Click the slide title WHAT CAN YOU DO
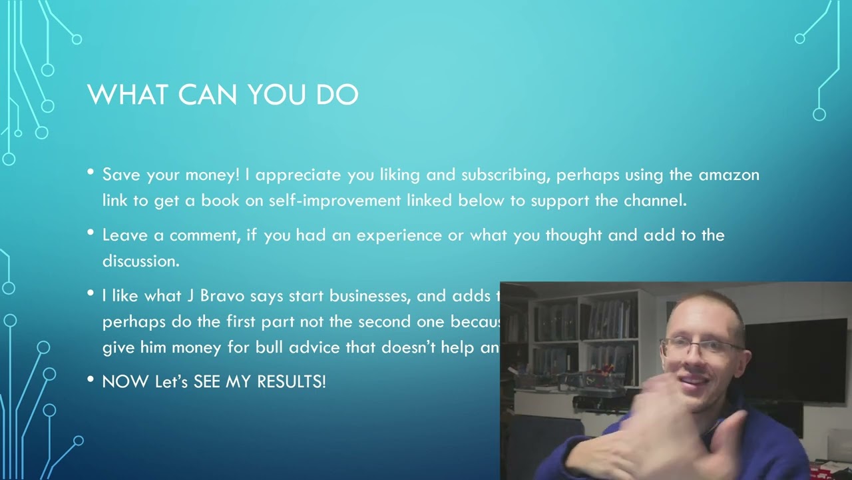(x=223, y=95)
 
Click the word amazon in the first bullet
(x=729, y=175)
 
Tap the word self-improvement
(x=335, y=201)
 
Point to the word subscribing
(x=506, y=175)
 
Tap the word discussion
(x=140, y=261)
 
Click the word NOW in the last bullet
(x=126, y=382)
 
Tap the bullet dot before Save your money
(x=91, y=173)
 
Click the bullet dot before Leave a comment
(x=91, y=233)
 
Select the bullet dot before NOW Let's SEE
(x=91, y=379)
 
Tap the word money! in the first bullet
(x=212, y=175)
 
